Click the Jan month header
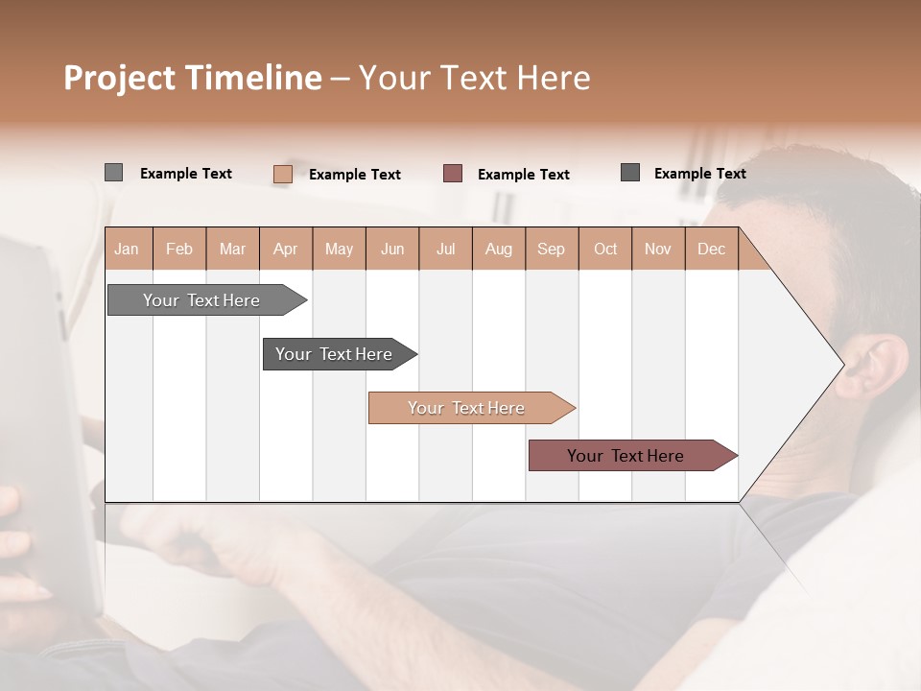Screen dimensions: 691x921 pyautogui.click(x=128, y=249)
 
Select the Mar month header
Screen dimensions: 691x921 pyautogui.click(x=232, y=249)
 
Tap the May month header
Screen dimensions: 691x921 pyautogui.click(x=339, y=249)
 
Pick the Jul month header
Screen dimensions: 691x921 pyautogui.click(x=445, y=249)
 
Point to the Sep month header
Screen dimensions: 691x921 pyautogui.click(x=551, y=249)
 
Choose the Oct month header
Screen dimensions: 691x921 pyautogui.click(x=605, y=249)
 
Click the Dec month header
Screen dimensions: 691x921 pyautogui.click(x=711, y=249)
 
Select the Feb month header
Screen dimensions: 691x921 pyautogui.click(x=179, y=249)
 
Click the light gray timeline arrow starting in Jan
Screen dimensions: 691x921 pyautogui.click(x=201, y=300)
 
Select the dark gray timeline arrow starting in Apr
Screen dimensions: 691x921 pyautogui.click(x=334, y=354)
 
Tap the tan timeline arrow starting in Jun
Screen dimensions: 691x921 pyautogui.click(x=466, y=408)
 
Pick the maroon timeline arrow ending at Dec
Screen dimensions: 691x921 pyautogui.click(x=626, y=456)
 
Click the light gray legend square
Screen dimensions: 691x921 pyautogui.click(x=114, y=173)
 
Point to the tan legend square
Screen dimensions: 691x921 pyautogui.click(x=282, y=174)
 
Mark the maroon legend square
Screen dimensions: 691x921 pyautogui.click(x=453, y=173)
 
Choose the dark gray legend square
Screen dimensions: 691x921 pyautogui.click(x=630, y=173)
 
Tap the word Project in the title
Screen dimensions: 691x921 pyautogui.click(x=119, y=78)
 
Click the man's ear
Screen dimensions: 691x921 pyautogui.click(x=868, y=369)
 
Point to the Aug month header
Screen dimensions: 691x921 pyautogui.click(x=498, y=249)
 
